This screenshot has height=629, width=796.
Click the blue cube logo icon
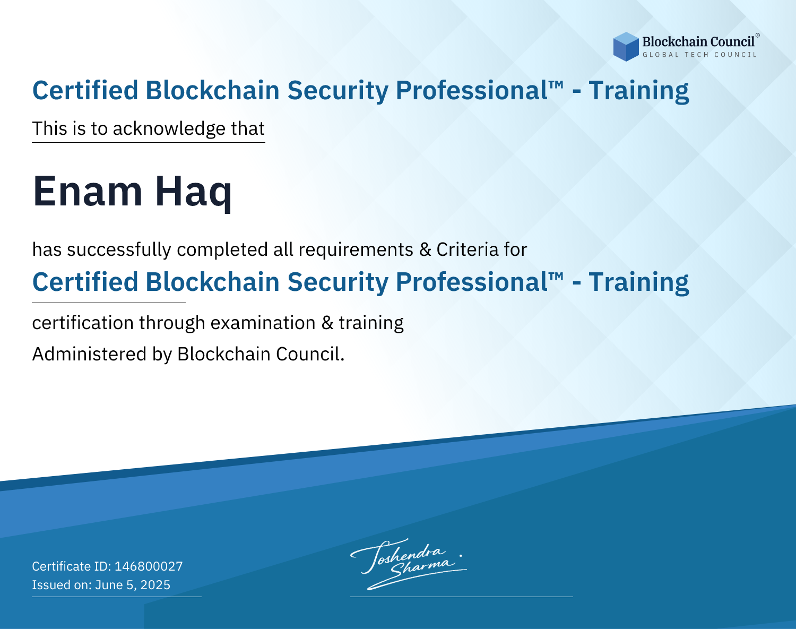point(626,47)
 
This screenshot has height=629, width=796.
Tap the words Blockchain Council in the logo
point(698,42)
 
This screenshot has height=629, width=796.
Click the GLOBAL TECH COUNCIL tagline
point(700,55)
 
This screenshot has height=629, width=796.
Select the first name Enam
point(88,191)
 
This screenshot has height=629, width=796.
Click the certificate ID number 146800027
point(149,566)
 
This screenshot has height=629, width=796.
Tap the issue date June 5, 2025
point(133,584)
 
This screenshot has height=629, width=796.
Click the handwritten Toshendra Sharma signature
point(407,564)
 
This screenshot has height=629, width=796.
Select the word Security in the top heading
point(338,90)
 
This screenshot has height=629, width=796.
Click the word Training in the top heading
point(639,91)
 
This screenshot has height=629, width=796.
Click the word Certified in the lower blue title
point(85,282)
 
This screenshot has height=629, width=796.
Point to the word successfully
point(119,250)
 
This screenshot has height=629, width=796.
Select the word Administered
point(90,354)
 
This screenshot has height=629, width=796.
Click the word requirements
point(356,250)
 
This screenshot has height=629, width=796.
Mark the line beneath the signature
point(462,597)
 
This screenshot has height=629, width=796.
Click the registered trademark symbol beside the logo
point(758,35)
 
